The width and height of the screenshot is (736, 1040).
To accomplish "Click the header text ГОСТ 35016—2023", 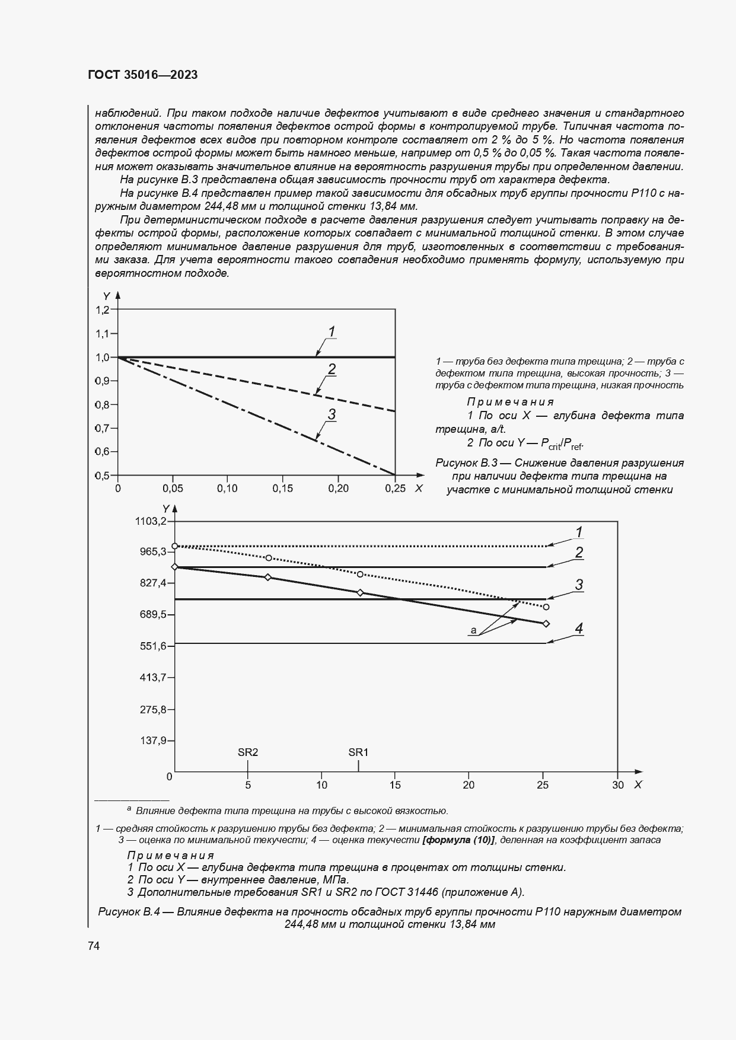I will pos(142,75).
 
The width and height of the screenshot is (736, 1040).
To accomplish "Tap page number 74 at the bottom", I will pos(94,946).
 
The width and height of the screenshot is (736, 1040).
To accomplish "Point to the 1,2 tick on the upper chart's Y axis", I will pos(103,310).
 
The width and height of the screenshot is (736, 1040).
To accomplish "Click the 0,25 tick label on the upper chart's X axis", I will pos(395,489).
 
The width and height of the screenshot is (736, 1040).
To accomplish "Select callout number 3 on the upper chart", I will pos(332,414).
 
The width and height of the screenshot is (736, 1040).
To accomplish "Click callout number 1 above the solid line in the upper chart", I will pos(332,331).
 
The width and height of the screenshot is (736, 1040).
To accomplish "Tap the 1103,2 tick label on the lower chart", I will pos(152,521).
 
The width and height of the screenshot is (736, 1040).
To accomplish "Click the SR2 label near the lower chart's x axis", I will pos(248,752).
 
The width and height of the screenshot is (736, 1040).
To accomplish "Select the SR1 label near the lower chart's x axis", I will pos(358,752).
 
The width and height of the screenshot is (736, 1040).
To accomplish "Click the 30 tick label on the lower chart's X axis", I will pos(617,785).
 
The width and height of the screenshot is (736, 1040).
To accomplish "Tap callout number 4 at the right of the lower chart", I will pos(579,629).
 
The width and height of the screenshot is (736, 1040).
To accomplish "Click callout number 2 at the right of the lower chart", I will pos(579,553).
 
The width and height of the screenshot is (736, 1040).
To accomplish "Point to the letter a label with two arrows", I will pos(473,630).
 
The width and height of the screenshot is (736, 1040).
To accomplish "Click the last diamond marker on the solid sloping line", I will pos(546,623).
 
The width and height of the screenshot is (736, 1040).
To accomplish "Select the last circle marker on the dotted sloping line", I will pos(546,607).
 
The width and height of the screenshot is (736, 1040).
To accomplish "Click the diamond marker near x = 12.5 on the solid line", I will pos(360,592).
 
